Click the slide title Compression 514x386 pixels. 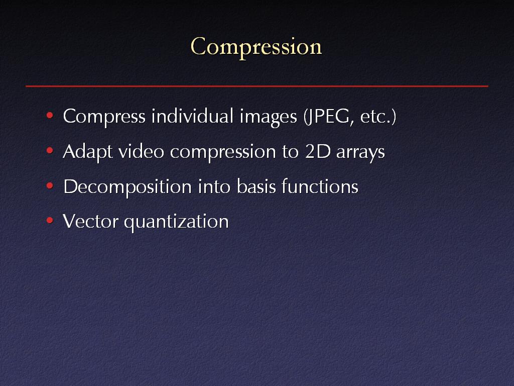[x=256, y=47]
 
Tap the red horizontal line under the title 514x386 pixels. [x=257, y=86]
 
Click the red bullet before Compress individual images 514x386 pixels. [x=50, y=115]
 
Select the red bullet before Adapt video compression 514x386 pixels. [x=50, y=151]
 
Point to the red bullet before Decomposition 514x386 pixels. [x=50, y=186]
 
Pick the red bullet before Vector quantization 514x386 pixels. [x=50, y=220]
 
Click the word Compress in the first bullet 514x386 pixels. [x=104, y=117]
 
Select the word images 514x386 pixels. [x=268, y=118]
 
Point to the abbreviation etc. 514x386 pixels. [x=375, y=117]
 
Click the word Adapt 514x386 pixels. [x=87, y=152]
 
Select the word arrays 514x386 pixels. [x=360, y=153]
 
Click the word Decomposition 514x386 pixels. [x=127, y=187]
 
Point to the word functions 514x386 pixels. [x=320, y=186]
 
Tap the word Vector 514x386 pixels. [x=90, y=221]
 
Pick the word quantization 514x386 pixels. [x=176, y=222]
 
